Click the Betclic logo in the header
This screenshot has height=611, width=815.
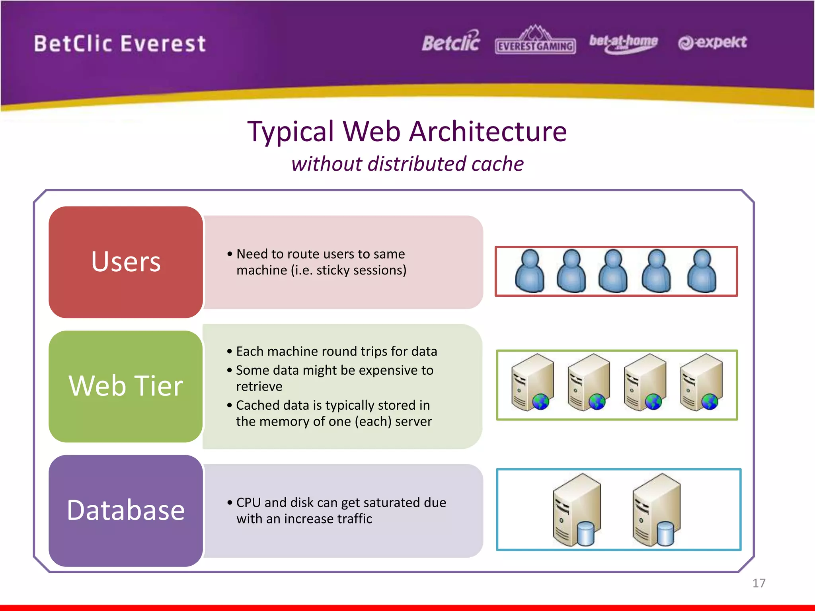tap(451, 42)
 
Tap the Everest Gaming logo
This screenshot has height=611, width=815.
tap(535, 41)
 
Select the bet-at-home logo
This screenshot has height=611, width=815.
tap(623, 42)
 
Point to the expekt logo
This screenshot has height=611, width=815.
tap(712, 42)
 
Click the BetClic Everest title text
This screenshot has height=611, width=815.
tap(120, 43)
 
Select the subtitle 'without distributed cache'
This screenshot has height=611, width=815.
tap(407, 164)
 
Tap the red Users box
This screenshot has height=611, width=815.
tap(126, 262)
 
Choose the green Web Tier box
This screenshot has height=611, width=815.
tap(126, 386)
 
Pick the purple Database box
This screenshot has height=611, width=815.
tap(126, 511)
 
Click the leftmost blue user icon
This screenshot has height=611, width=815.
tap(530, 271)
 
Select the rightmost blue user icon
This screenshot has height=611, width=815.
tap(702, 271)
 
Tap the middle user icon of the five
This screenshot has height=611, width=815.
tap(613, 271)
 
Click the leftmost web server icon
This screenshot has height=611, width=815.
tap(532, 382)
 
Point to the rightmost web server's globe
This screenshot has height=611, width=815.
tap(710, 402)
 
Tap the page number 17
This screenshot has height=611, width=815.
tap(758, 583)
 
